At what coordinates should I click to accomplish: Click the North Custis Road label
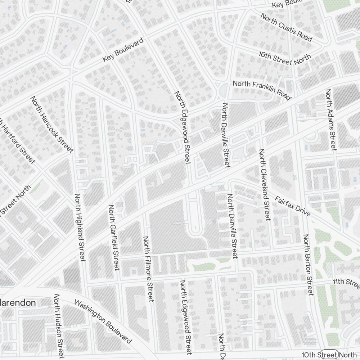coord(286,27)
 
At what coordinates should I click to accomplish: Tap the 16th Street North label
coord(285,58)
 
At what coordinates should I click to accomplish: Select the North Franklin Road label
coord(262,90)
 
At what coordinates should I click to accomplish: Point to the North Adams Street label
coord(330,120)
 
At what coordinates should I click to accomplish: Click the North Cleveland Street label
coord(264,184)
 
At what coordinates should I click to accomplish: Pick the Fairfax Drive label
coord(292,206)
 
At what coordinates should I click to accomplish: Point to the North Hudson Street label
coord(58,326)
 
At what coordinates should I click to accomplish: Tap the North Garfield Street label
coord(114,237)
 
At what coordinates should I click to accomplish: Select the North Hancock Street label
coord(52,124)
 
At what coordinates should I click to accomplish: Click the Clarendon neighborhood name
coord(18,303)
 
